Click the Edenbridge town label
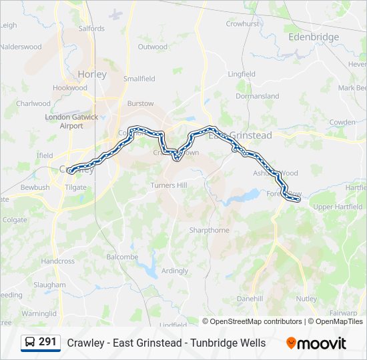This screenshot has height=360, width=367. click(x=314, y=37)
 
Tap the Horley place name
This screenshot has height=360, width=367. click(x=92, y=75)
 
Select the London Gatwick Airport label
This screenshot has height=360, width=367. click(x=71, y=121)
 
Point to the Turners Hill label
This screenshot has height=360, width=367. click(x=169, y=185)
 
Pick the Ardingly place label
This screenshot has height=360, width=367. click(x=175, y=271)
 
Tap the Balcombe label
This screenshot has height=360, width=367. click(x=122, y=257)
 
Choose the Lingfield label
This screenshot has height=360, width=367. click(x=242, y=74)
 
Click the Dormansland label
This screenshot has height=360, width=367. click(x=258, y=96)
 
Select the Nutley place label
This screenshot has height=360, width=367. click(x=306, y=299)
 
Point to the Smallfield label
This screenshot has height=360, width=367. click(x=139, y=79)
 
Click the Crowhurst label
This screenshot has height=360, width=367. click(x=242, y=23)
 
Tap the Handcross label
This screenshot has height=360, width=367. click(x=58, y=261)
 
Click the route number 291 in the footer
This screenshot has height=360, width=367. click(x=47, y=342)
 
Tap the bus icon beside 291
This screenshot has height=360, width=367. click(x=31, y=343)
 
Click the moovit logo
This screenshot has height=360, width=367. click(x=316, y=343)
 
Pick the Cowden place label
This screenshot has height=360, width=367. click(x=343, y=122)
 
